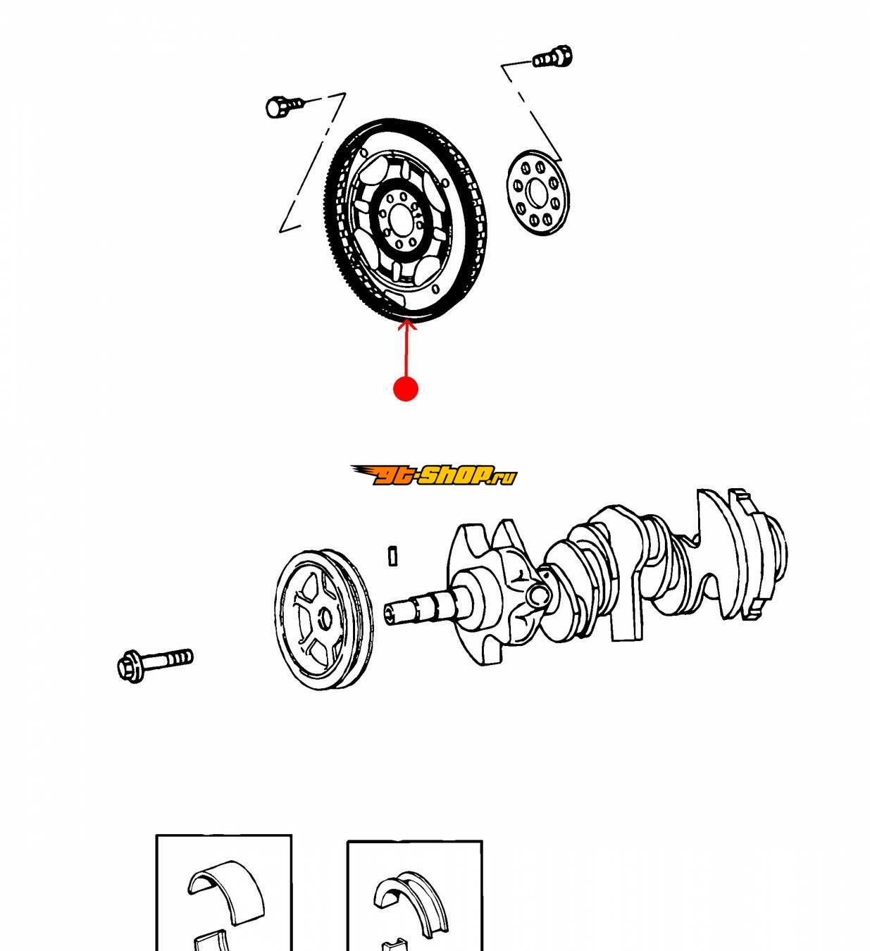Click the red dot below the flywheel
(405, 388)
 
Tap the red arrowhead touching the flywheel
(406, 325)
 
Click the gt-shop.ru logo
(434, 475)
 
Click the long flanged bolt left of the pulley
(154, 661)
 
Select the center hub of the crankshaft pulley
(325, 619)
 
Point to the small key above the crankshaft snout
(393, 555)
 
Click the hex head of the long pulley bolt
(128, 665)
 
